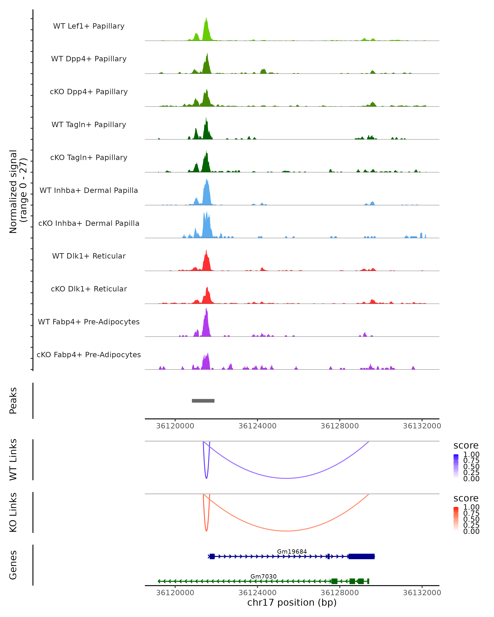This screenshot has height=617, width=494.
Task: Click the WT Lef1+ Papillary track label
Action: (89, 26)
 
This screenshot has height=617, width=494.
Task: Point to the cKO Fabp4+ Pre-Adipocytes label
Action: (89, 355)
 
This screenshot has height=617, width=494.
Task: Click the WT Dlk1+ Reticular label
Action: (89, 256)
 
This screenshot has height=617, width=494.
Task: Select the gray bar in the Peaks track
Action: (203, 401)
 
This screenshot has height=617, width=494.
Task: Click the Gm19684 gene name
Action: (292, 551)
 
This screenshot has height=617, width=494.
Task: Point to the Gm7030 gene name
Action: (263, 576)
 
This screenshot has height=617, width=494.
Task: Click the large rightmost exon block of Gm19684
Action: (361, 556)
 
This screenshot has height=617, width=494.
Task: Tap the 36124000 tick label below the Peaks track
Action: (257, 426)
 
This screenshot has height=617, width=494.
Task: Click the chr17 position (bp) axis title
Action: (292, 602)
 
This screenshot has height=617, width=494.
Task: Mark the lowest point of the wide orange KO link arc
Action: (286, 531)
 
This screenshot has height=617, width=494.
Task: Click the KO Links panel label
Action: (13, 512)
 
